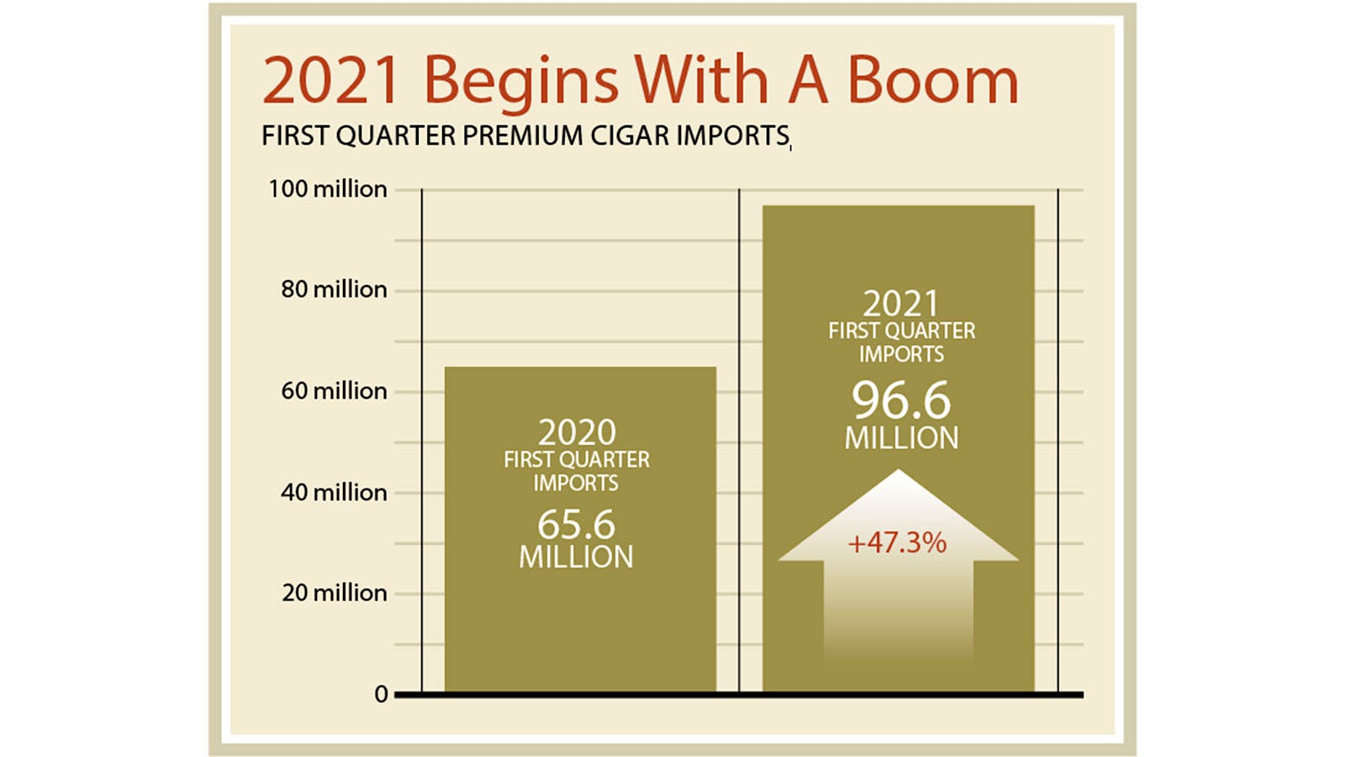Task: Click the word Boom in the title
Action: tap(932, 81)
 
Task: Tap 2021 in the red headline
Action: tap(331, 81)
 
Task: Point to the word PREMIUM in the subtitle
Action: tap(522, 135)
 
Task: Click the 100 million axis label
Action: tap(328, 189)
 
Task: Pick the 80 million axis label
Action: tap(334, 289)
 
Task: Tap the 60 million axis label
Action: tap(334, 391)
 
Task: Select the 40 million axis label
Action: tap(334, 493)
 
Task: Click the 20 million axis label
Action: tap(334, 593)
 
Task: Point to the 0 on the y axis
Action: tap(382, 695)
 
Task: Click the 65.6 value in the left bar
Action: tap(576, 525)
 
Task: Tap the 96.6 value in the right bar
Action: tap(901, 400)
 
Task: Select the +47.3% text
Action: tap(897, 543)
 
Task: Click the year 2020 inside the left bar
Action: tap(577, 432)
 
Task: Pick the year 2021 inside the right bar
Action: tap(900, 304)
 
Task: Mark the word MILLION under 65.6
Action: tap(576, 557)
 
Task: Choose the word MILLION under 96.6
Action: tap(901, 438)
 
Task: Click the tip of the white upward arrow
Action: tap(899, 470)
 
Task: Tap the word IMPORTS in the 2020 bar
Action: tap(576, 483)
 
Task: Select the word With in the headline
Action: tap(701, 81)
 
